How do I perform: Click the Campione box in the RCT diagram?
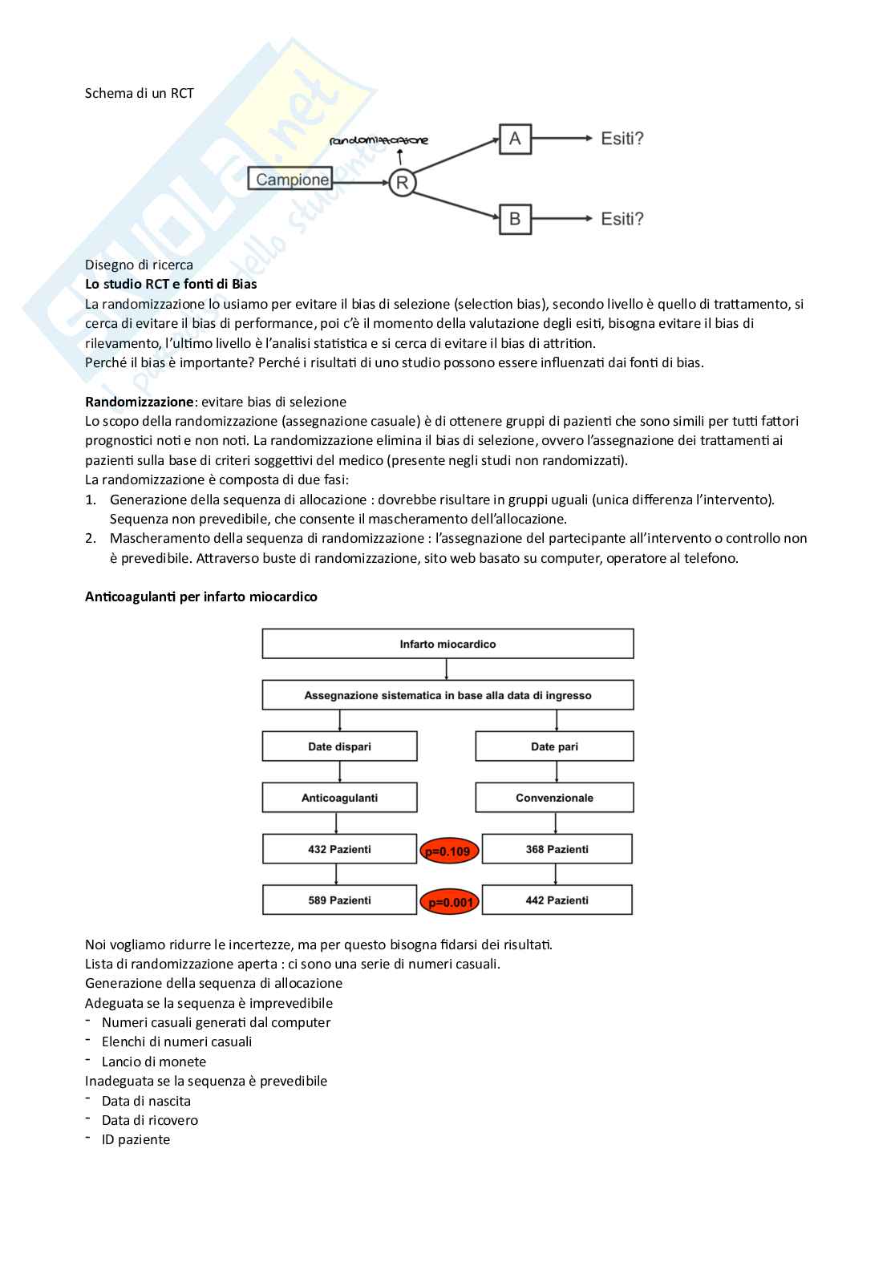point(291,179)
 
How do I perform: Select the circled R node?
point(402,183)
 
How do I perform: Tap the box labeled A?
point(515,139)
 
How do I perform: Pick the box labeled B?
point(515,218)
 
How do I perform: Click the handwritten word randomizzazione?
point(379,140)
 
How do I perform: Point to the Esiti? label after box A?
point(622,139)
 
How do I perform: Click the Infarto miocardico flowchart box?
point(447,644)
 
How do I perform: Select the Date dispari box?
point(339,746)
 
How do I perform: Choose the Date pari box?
point(554,746)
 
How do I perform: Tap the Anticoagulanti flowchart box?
point(339,798)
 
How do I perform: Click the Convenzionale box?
point(554,798)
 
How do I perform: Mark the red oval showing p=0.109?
point(449,851)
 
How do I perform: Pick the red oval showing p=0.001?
point(450,902)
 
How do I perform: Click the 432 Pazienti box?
point(339,849)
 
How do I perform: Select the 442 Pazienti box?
point(557,900)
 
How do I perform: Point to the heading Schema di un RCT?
point(140,93)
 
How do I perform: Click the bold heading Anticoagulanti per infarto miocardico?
point(201,597)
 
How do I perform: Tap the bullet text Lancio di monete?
point(154,1062)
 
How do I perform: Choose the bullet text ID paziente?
point(136,1139)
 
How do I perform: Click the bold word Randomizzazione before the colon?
point(140,402)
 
